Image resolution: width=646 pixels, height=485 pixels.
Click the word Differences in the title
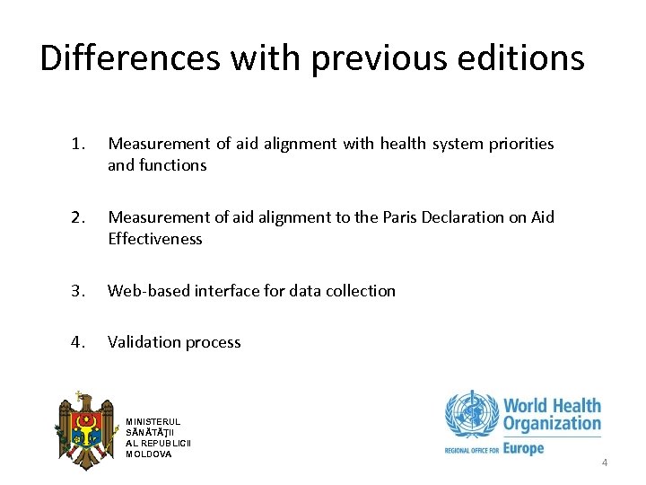[130, 58]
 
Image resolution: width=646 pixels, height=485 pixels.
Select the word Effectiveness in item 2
[155, 239]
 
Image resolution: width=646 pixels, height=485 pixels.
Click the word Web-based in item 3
[144, 291]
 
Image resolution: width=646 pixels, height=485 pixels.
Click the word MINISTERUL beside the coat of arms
[153, 422]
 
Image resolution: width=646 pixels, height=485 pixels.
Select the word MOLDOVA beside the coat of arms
[149, 454]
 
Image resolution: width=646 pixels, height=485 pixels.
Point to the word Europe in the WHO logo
[523, 447]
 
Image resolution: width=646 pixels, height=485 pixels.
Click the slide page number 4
[604, 463]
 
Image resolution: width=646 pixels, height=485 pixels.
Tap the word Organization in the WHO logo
[552, 424]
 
